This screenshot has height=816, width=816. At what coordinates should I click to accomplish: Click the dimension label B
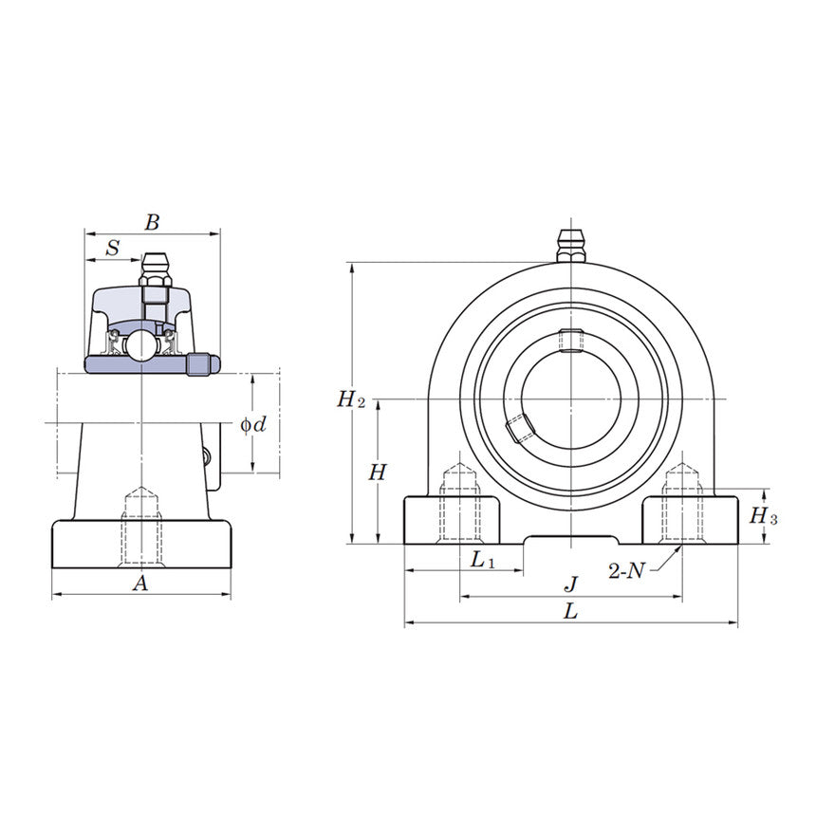[x=152, y=223]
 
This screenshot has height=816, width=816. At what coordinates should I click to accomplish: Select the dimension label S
[x=113, y=249]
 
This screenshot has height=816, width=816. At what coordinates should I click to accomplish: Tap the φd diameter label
[x=252, y=424]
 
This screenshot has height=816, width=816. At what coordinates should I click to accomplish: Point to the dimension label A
[x=140, y=584]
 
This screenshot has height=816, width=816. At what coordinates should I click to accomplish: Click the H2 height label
[x=350, y=399]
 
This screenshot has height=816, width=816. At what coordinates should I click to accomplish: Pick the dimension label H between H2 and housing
[x=378, y=472]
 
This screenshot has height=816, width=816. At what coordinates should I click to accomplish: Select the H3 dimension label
[x=763, y=516]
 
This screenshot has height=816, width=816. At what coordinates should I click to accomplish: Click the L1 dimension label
[x=483, y=561]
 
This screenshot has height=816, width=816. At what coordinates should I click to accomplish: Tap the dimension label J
[x=570, y=584]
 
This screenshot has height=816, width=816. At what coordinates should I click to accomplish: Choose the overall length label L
[x=570, y=612]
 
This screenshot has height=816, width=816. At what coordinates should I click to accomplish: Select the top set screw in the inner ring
[x=570, y=339]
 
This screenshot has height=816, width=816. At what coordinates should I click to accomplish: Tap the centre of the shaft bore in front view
[x=570, y=399]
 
